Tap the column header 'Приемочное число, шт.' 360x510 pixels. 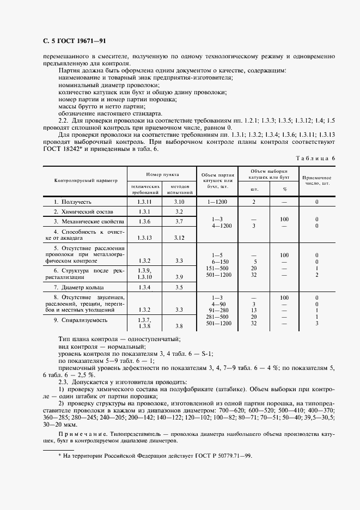pos(316,180)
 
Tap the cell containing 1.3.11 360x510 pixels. pos(144,202)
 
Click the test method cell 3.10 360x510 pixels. pos(179,202)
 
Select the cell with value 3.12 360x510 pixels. pos(179,238)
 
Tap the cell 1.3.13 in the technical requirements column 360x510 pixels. pos(144,238)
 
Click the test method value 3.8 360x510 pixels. pos(179,326)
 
